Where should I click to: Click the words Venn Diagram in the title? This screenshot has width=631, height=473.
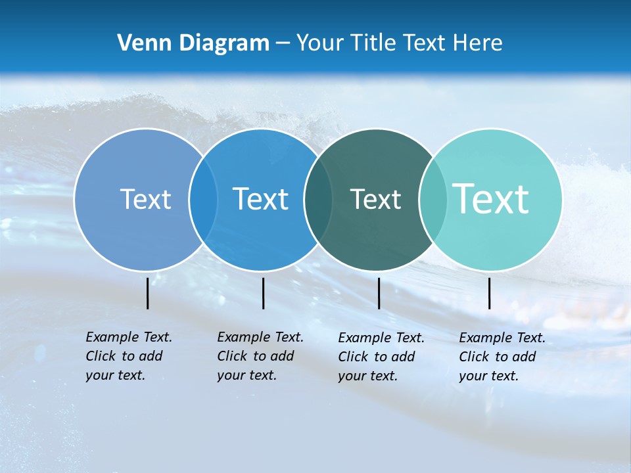tap(193, 43)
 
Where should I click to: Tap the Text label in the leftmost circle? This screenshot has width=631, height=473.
tap(145, 199)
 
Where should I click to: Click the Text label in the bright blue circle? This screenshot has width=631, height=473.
tap(261, 199)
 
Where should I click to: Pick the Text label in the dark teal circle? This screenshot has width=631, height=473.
tap(375, 199)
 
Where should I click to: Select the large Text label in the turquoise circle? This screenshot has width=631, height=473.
tap(491, 199)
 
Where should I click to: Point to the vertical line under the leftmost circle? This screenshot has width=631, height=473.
tap(147, 293)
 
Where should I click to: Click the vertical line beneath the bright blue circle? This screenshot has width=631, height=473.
tap(263, 293)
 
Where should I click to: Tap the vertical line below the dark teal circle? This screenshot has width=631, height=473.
tap(379, 293)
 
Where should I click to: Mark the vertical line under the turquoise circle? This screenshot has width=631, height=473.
tap(489, 293)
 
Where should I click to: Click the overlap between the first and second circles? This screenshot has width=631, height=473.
tap(203, 199)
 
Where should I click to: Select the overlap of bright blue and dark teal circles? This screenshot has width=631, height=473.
tap(319, 199)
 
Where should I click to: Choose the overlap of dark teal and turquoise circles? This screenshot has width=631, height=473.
tap(433, 199)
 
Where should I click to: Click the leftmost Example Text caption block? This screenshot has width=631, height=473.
tap(128, 356)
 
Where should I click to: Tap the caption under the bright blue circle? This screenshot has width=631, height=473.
tap(260, 356)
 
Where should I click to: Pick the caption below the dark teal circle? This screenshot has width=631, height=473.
tap(381, 357)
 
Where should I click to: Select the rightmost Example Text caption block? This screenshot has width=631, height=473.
tap(502, 357)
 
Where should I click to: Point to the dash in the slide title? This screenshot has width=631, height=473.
tap(283, 44)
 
